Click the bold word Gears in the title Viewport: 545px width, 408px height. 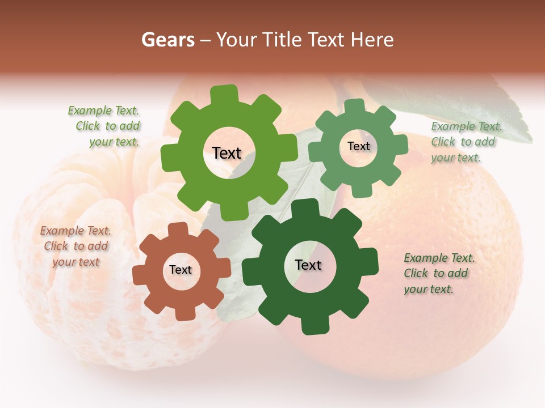(167, 40)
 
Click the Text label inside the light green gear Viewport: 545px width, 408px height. (227, 153)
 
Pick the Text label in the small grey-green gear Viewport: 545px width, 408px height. (358, 146)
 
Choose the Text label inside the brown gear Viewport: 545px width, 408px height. (181, 270)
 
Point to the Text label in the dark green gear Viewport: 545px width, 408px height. (308, 265)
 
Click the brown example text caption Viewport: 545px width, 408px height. (76, 246)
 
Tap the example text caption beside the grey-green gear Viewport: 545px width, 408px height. (465, 142)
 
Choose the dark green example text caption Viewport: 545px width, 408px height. (438, 274)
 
